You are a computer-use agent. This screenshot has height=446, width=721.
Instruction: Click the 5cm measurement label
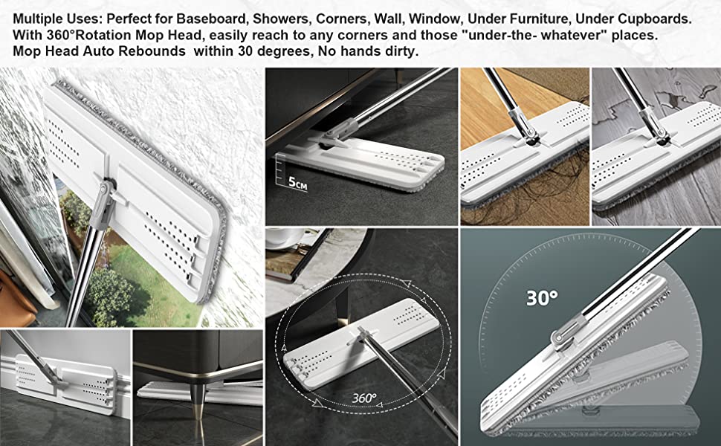[x=297, y=182]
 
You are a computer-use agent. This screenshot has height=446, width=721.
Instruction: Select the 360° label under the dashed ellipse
[x=364, y=397]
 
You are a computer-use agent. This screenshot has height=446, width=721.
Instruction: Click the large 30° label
[x=542, y=298]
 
